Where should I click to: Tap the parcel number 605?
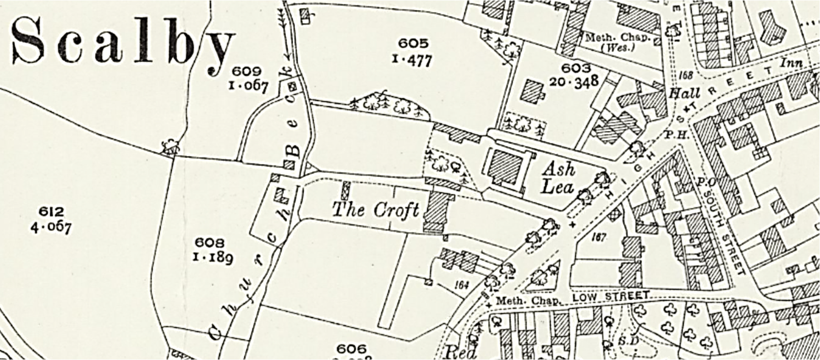413,44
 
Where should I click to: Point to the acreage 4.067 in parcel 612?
51,226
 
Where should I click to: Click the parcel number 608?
210,242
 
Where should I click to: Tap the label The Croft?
375,210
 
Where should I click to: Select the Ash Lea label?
558,178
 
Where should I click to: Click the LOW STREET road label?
611,296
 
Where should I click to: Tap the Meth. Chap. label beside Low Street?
529,301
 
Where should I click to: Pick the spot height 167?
598,237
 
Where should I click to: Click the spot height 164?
462,285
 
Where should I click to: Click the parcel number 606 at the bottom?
351,349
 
